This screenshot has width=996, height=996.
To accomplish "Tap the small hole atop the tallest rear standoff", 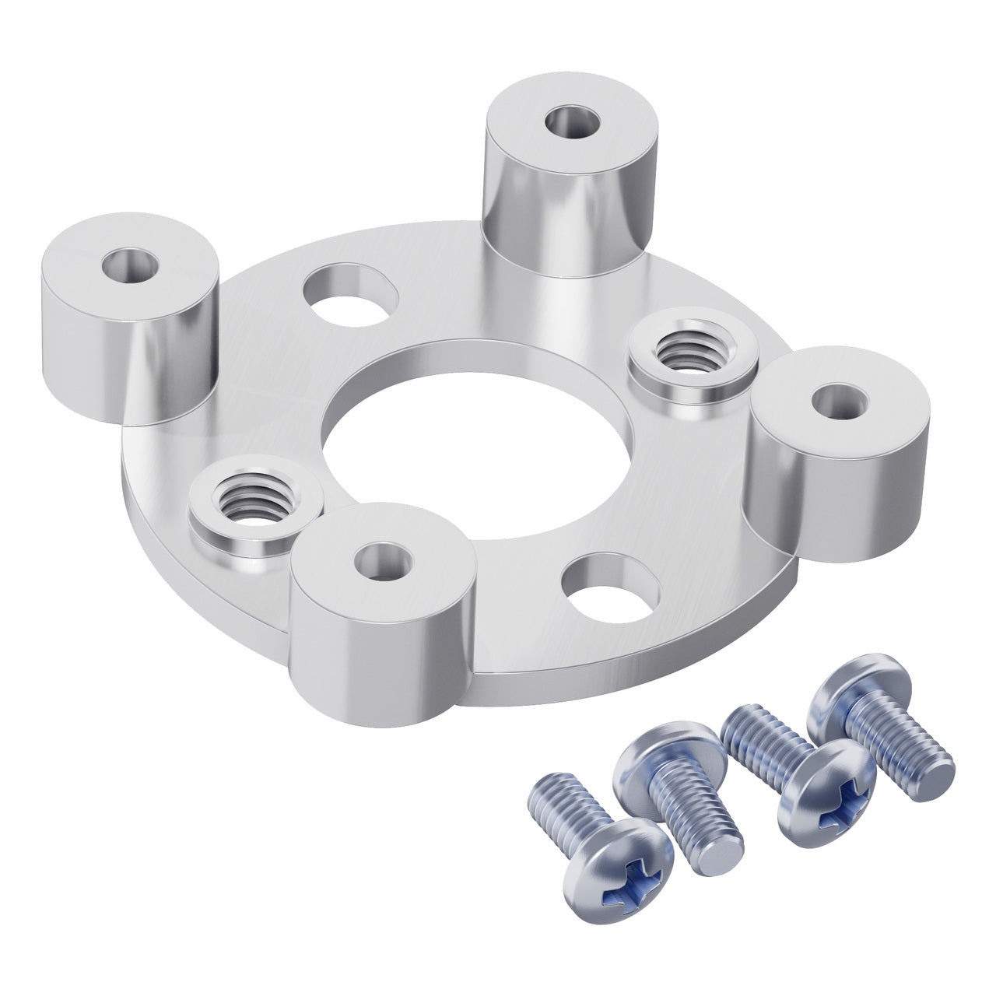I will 572,122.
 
